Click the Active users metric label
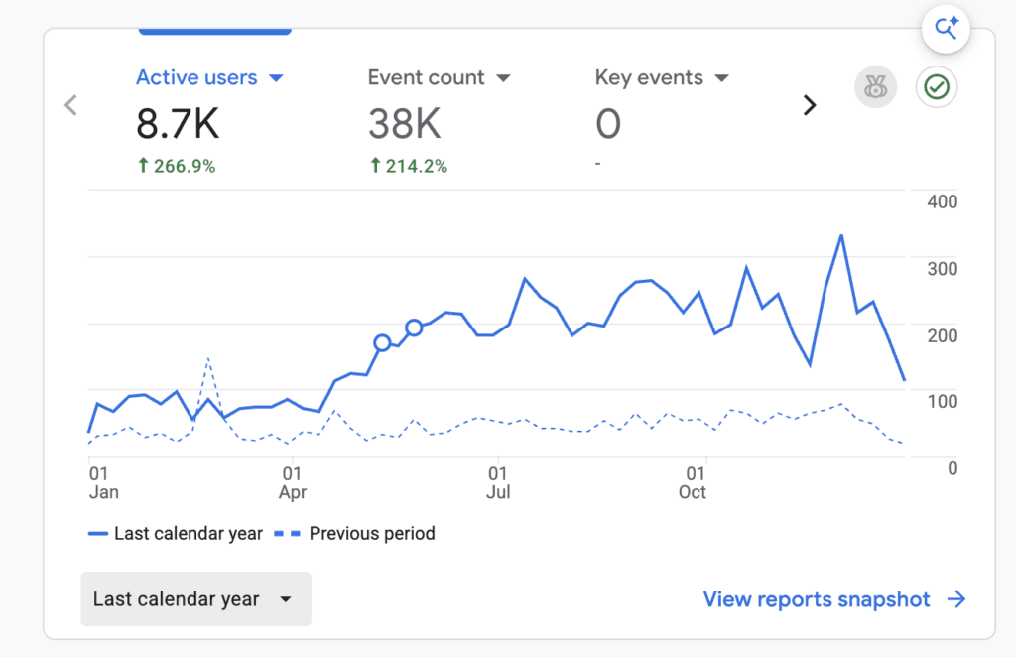coord(196,77)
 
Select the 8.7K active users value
coord(178,124)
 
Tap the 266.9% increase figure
coord(177,166)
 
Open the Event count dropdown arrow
coord(503,78)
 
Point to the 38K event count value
coord(405,124)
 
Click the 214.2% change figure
coord(408,166)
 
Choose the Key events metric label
coord(649,77)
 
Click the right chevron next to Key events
coord(810,105)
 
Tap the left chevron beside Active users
coord(70,105)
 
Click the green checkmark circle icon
coord(937,86)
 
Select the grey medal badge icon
coord(875,86)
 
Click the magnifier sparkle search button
coord(946,29)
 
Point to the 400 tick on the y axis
coord(943,202)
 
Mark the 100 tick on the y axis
coord(943,402)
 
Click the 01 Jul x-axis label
coord(498,483)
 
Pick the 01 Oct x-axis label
coord(693,483)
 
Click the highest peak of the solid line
coord(841,236)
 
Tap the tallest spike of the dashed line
coord(208,358)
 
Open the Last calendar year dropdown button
coord(195,598)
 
